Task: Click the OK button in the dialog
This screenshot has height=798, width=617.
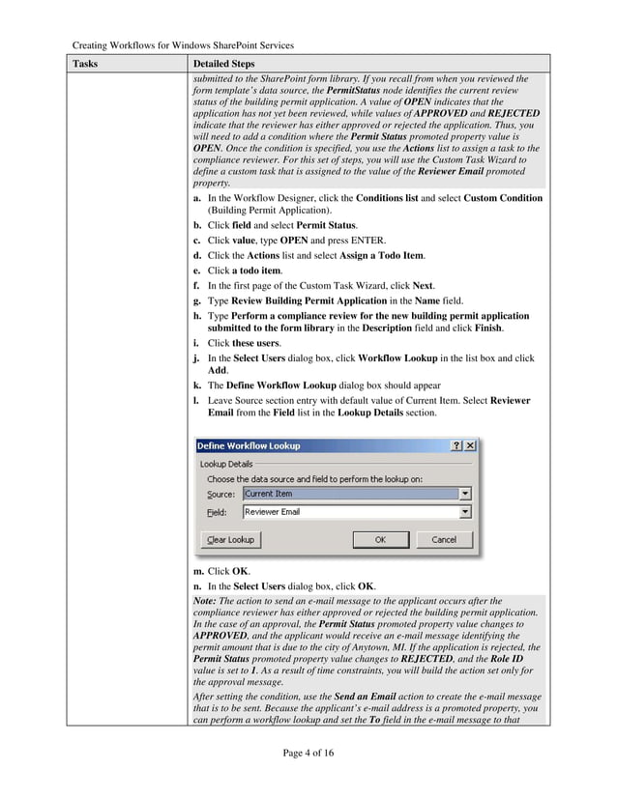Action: click(x=380, y=539)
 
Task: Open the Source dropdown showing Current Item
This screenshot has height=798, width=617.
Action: click(x=465, y=494)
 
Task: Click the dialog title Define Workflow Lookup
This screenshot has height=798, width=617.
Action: click(x=249, y=445)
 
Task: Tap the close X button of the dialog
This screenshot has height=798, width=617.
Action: click(x=470, y=445)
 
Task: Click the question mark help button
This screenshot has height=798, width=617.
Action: click(x=455, y=445)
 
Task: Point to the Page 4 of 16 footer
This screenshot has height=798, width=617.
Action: click(x=308, y=753)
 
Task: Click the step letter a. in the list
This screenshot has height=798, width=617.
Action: click(x=197, y=198)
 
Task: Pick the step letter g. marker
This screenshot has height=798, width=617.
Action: click(x=197, y=301)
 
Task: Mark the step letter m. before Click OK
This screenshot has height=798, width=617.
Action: click(x=198, y=571)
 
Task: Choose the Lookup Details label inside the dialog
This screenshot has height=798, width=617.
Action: click(x=226, y=464)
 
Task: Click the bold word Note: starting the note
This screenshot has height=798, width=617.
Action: click(x=205, y=601)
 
